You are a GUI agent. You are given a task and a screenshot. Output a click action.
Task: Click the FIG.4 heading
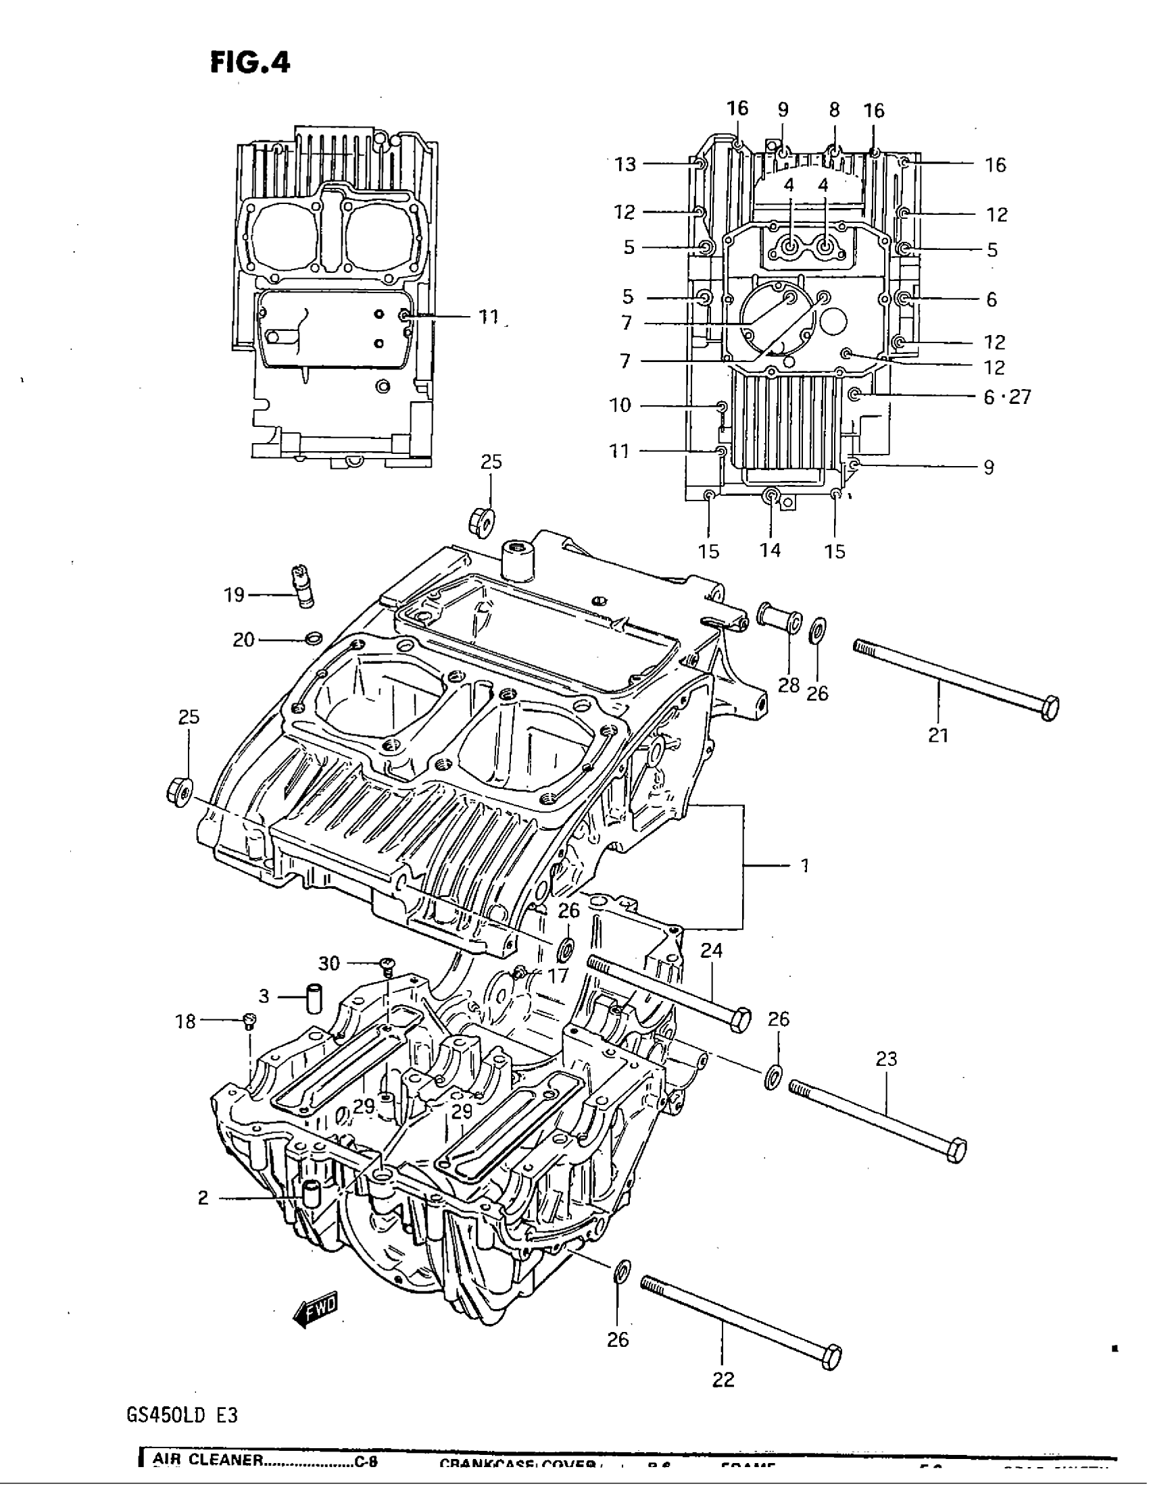(249, 63)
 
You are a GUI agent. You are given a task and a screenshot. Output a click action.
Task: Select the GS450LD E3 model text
(182, 1416)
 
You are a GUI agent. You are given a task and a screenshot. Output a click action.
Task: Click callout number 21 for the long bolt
(938, 735)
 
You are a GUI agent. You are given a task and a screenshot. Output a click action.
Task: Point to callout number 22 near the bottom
(724, 1379)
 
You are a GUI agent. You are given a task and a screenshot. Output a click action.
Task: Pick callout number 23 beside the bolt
(886, 1058)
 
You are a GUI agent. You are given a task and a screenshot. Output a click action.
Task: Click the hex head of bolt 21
(1050, 709)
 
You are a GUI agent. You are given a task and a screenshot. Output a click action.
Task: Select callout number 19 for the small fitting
(233, 595)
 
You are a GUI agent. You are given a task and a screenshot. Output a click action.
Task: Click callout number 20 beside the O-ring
(243, 640)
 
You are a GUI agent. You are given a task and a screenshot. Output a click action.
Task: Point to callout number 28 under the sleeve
(788, 684)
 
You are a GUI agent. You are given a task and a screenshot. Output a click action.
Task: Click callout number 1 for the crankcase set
(804, 865)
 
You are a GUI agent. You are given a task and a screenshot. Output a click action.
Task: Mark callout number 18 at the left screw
(185, 1021)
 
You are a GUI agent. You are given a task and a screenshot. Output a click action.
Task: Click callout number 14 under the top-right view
(771, 550)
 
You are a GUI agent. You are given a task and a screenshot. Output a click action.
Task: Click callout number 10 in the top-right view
(620, 405)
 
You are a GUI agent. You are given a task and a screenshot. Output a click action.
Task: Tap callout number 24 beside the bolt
(711, 950)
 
